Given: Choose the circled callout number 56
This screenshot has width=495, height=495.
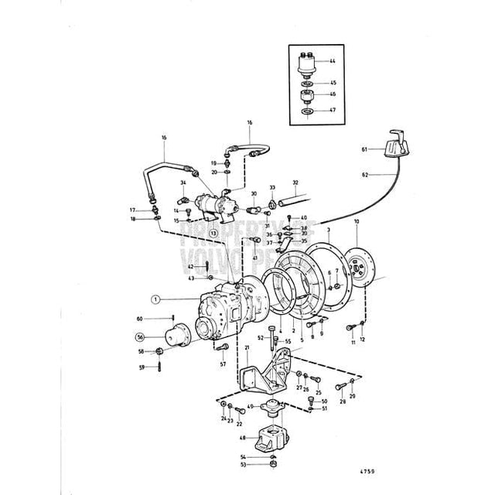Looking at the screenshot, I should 140,336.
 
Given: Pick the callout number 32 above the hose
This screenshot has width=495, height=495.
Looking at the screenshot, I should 295,183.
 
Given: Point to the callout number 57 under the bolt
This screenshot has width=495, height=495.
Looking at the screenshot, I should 223,364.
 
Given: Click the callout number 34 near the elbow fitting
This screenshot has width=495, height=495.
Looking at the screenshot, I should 183,183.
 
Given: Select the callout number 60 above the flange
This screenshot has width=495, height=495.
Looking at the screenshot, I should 140,319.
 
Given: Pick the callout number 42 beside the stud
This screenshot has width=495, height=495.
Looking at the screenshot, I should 191,266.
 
